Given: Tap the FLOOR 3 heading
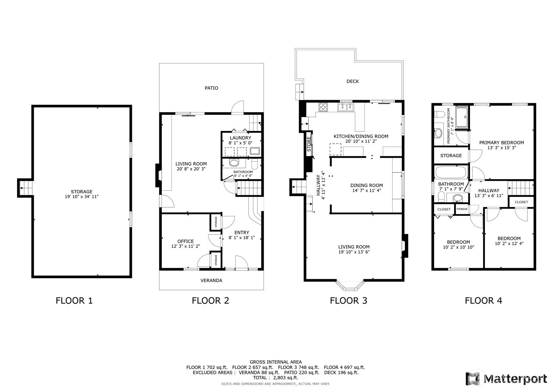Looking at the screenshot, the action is pos(349,301).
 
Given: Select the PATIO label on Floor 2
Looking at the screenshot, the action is pos(211,88).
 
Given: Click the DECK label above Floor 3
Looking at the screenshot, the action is pos(353,81).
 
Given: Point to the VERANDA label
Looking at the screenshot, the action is pos(211,280).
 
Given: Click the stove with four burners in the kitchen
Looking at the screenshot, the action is pos(323,107).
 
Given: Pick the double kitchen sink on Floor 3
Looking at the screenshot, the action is pos(345,107).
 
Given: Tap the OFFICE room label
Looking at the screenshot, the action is pos(185,241).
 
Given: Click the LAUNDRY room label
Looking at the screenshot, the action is pos(240,138).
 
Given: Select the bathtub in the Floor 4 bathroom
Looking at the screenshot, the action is pos(451,172).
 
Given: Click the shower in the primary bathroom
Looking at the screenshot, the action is pos(462,117).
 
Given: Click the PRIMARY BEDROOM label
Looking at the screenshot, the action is pos(501,142).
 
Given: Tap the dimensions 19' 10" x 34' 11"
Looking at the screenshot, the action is pos(82,197).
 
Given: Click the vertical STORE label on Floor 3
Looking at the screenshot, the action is pos(309,144).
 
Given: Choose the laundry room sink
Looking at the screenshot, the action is pos(255,151).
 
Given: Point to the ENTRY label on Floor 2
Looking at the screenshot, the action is pos(242,232).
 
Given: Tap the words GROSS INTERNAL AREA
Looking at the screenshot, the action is pos(276,362).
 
